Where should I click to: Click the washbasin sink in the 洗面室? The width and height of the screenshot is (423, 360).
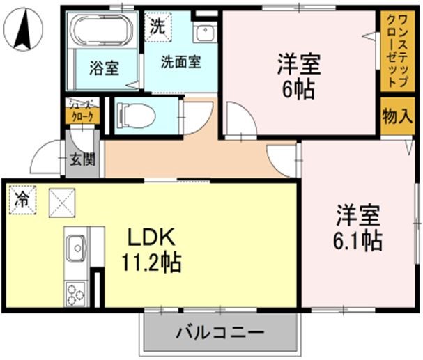click(205, 33)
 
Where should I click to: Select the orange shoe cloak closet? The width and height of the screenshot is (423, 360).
click(82, 114)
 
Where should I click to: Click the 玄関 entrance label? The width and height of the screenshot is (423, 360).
click(82, 159)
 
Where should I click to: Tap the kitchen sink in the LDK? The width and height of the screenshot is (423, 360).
click(76, 246)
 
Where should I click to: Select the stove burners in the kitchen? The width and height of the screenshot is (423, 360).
click(76, 292)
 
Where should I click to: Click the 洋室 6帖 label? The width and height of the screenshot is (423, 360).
click(298, 76)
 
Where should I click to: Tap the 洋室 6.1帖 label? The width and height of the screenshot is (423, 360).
click(358, 226)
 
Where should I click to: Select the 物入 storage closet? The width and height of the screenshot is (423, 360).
click(397, 116)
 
